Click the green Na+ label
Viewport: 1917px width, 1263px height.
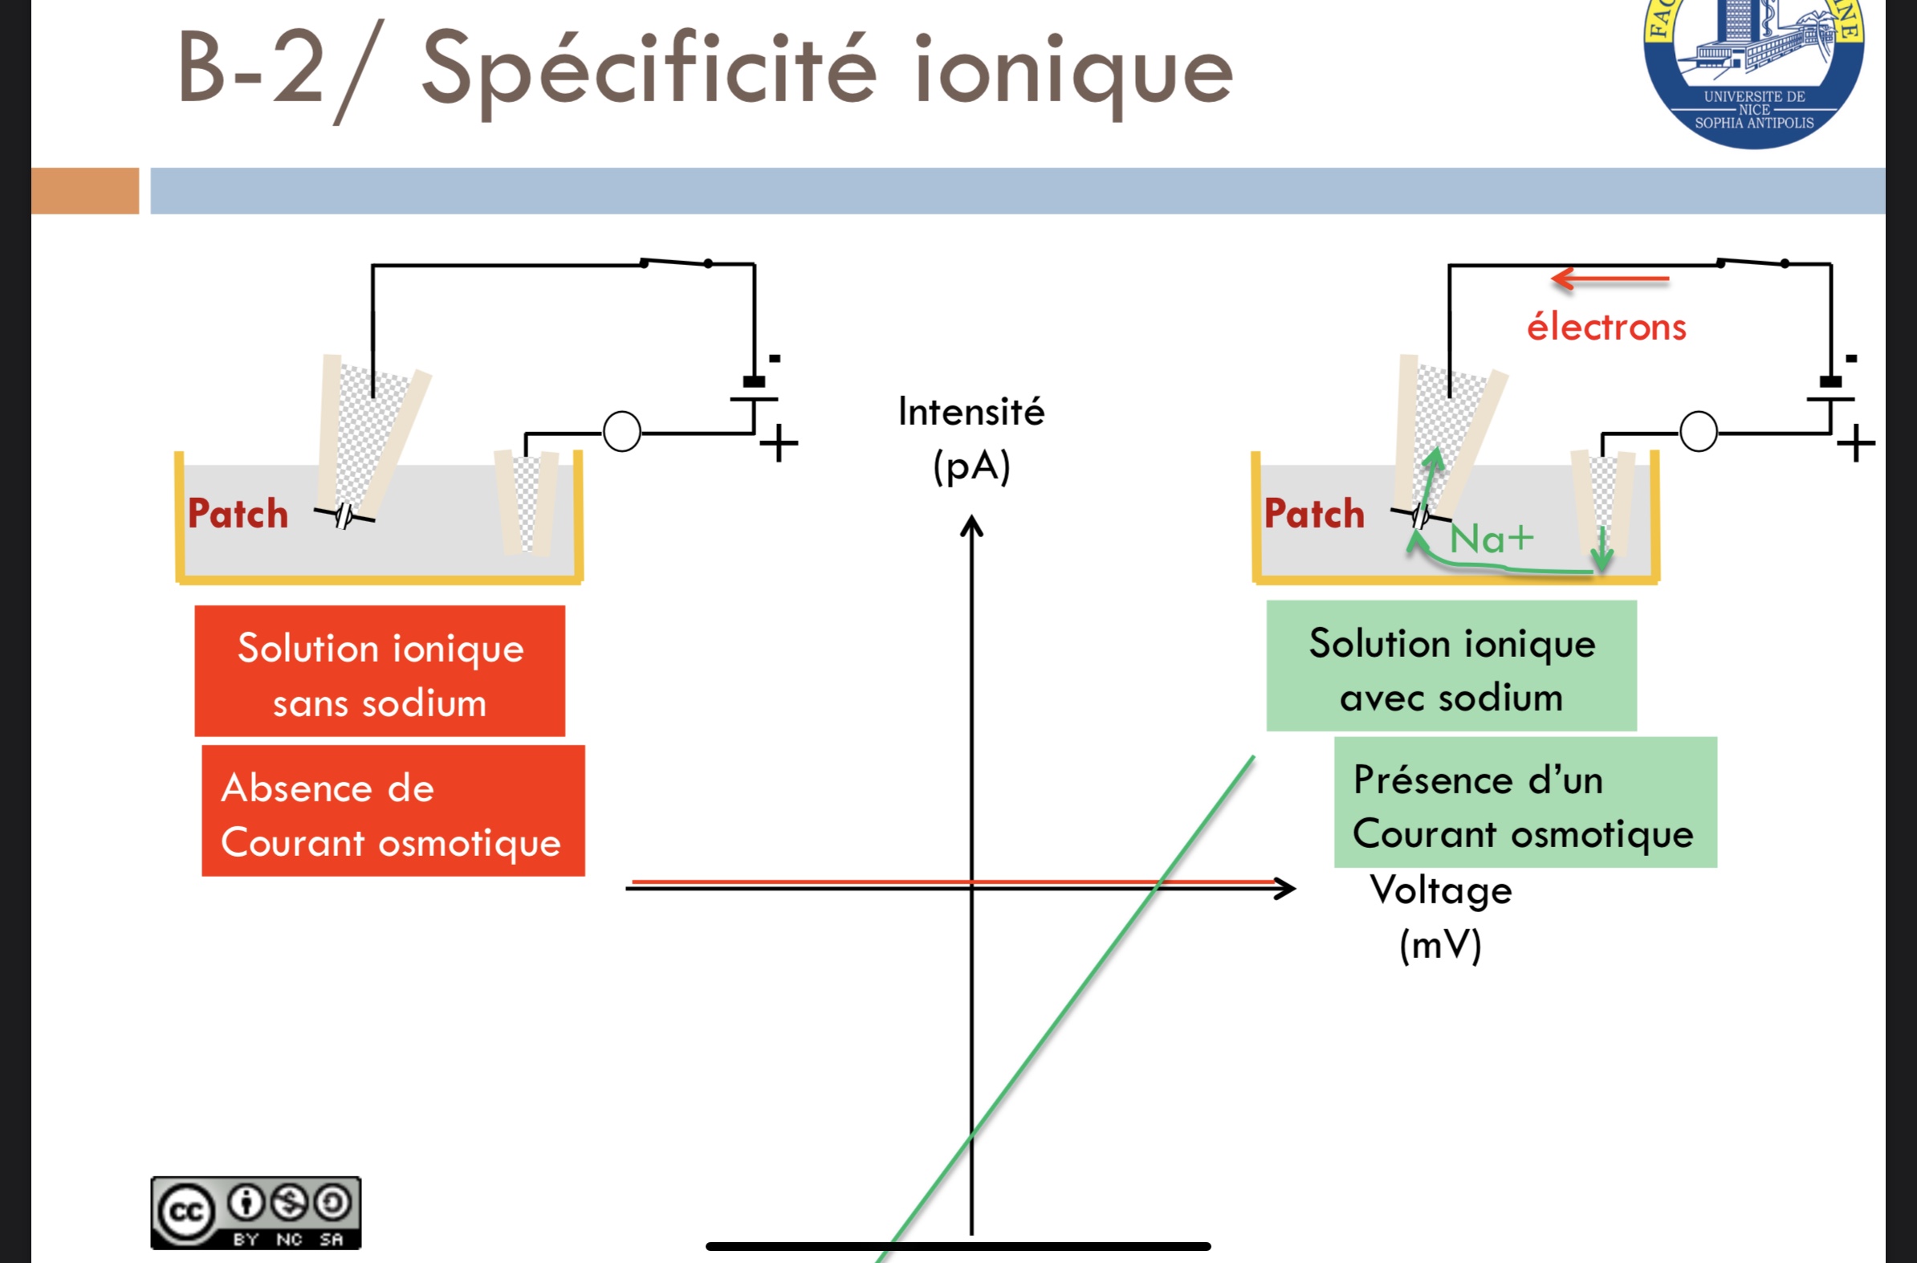pyautogui.click(x=1491, y=538)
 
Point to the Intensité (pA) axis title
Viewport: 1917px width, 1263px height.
pyautogui.click(x=971, y=438)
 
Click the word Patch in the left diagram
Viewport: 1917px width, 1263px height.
pyautogui.click(x=238, y=514)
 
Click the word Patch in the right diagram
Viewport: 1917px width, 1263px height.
pyautogui.click(x=1314, y=514)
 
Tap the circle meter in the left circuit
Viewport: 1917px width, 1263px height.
pyautogui.click(x=622, y=432)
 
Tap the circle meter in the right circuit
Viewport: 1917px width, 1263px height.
pyautogui.click(x=1699, y=432)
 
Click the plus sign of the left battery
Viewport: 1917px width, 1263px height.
pyautogui.click(x=779, y=444)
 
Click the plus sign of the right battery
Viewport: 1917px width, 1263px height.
pyautogui.click(x=1856, y=444)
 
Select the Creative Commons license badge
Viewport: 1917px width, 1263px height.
pyautogui.click(x=255, y=1212)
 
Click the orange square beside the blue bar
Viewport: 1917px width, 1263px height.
pyautogui.click(x=85, y=191)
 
